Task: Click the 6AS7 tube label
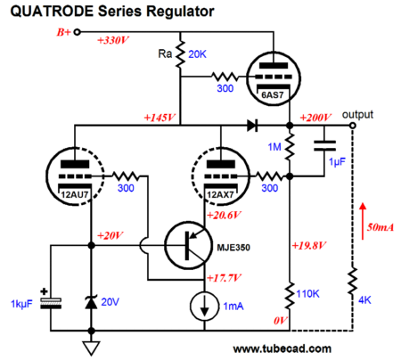click(273, 95)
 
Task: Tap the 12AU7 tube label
click(75, 195)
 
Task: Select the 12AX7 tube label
click(220, 195)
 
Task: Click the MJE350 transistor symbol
click(188, 245)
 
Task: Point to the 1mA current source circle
click(204, 307)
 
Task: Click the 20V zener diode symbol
click(91, 302)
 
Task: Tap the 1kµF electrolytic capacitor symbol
click(51, 302)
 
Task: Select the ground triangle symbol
click(91, 348)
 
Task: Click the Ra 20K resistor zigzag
click(180, 54)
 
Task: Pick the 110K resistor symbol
click(290, 295)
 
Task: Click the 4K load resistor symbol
click(353, 281)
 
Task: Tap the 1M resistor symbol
click(290, 146)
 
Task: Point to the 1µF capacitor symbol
click(324, 146)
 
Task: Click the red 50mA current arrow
click(363, 221)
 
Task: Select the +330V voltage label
click(113, 40)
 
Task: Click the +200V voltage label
click(315, 118)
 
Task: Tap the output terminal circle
click(353, 126)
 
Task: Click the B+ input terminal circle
click(77, 32)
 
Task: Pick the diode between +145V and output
click(252, 126)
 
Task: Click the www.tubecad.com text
click(282, 348)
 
